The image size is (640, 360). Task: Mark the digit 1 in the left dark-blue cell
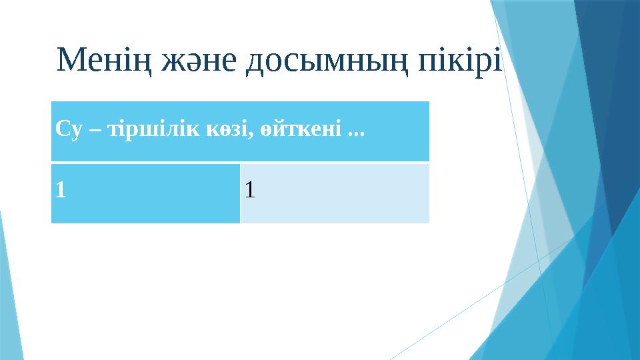(61, 191)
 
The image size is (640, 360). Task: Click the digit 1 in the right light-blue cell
(249, 191)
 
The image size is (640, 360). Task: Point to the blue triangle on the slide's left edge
(5, 293)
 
